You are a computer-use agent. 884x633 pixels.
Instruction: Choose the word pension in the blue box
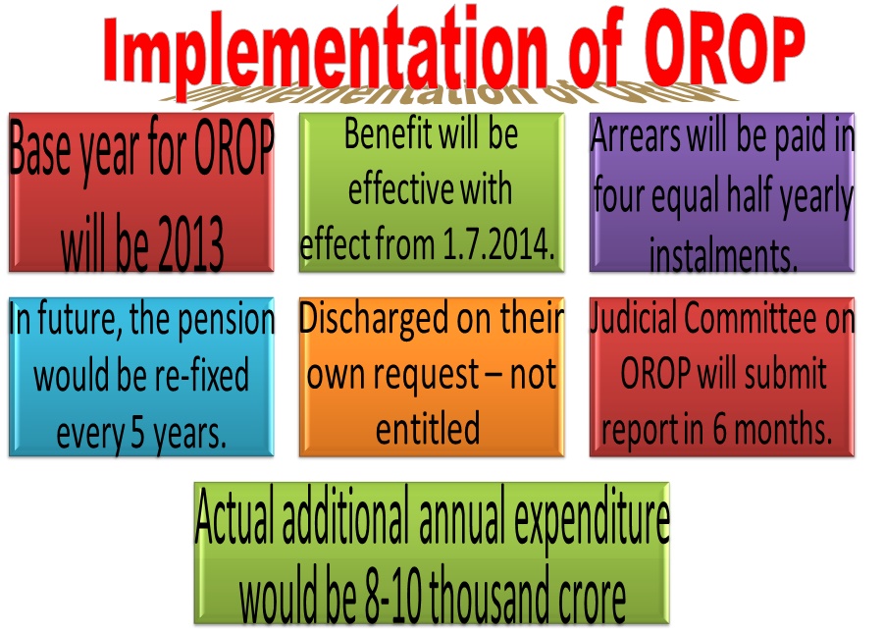coord(226,320)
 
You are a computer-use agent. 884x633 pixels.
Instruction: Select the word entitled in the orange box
coord(430,429)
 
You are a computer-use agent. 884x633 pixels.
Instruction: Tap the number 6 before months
coord(719,430)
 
